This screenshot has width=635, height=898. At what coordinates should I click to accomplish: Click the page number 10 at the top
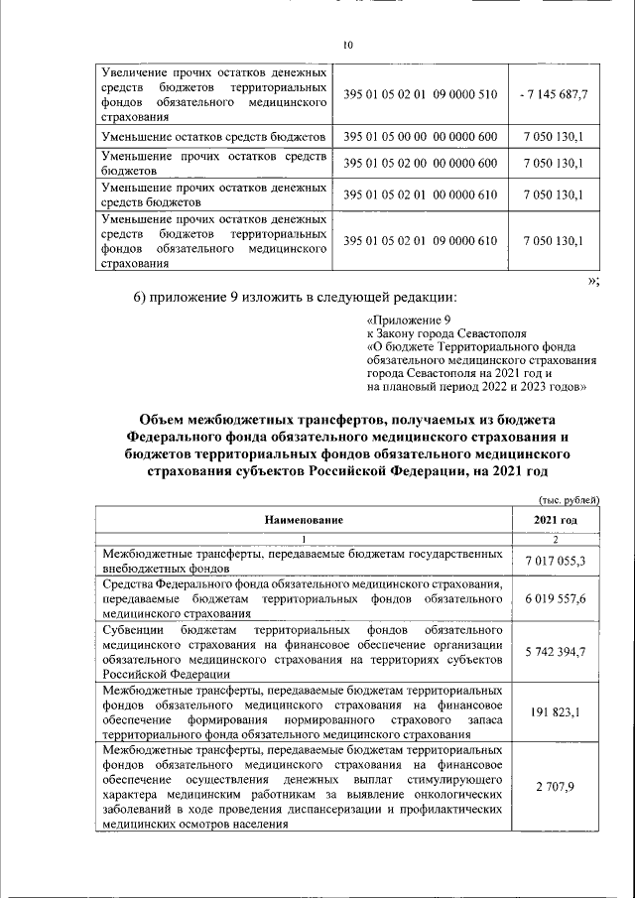coord(347,45)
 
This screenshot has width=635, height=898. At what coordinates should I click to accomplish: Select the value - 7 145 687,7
coord(554,94)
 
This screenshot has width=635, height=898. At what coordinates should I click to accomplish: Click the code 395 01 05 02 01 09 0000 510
coord(420,94)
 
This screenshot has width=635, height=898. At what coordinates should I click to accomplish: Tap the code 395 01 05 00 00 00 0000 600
coord(420,134)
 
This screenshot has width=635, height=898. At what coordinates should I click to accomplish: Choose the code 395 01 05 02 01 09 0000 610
coord(420,240)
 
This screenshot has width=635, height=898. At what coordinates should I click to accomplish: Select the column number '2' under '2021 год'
coord(555,538)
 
